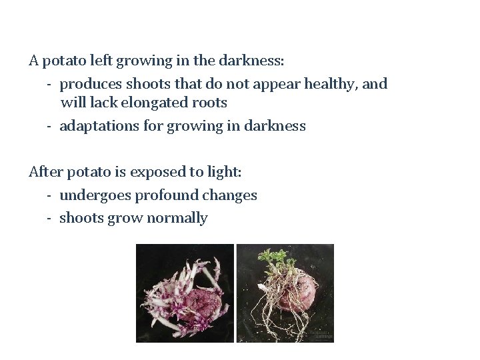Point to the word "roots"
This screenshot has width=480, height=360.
tap(208, 103)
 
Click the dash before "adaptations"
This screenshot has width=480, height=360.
tap(50, 126)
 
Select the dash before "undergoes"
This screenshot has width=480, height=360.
tap(50, 195)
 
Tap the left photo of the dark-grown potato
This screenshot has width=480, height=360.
tap(185, 293)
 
